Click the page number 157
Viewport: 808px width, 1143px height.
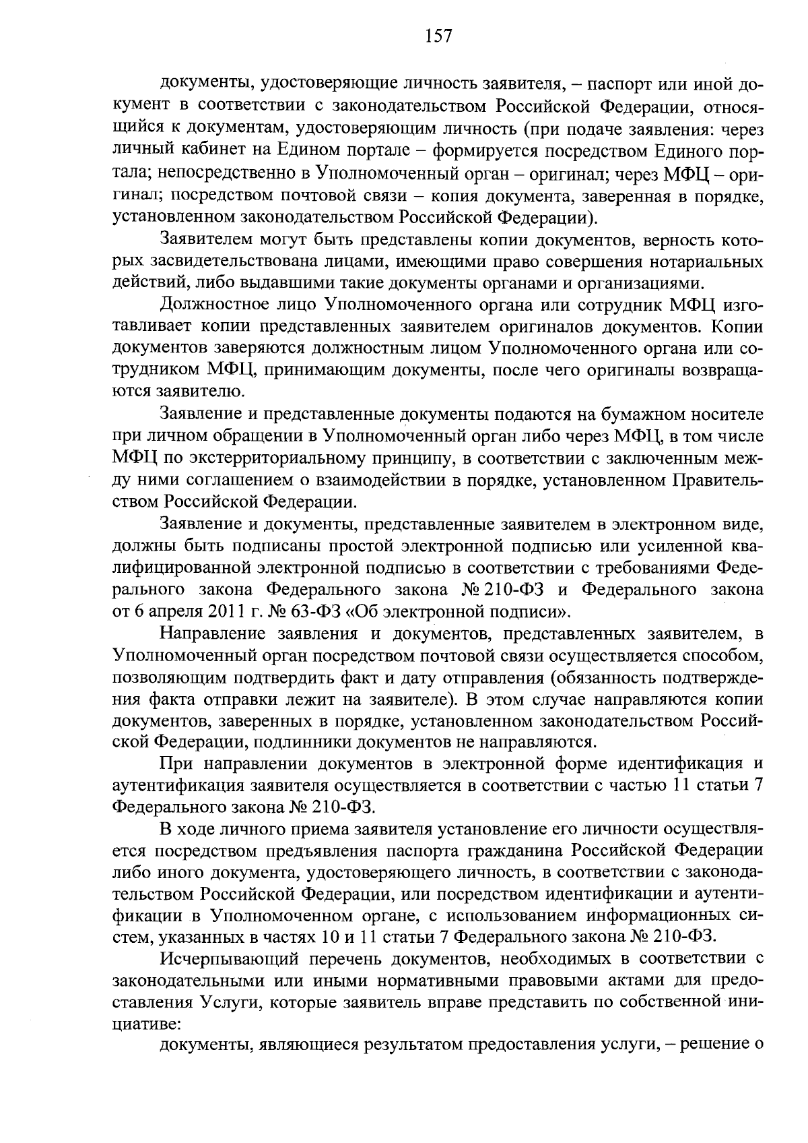pos(439,36)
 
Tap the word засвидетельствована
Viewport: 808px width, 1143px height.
pos(224,261)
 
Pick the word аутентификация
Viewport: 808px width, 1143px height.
pos(177,786)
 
